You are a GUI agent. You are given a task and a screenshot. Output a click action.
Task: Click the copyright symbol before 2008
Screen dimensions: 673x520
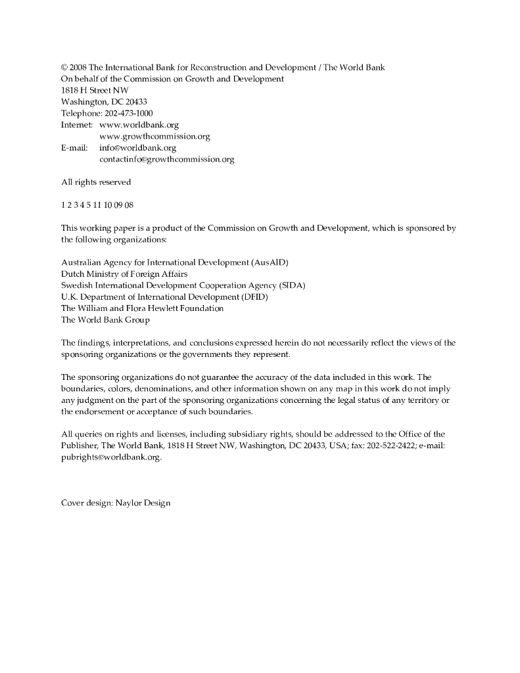pyautogui.click(x=64, y=67)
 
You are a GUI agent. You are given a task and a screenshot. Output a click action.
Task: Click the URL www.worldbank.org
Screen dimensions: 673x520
pyautogui.click(x=139, y=124)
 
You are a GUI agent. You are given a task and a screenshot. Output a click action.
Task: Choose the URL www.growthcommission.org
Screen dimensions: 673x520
pyautogui.click(x=154, y=136)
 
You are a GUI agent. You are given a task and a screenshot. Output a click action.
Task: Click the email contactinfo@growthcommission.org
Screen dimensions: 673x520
pyautogui.click(x=166, y=159)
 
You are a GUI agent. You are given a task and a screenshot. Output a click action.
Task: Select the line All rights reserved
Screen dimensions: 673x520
pyautogui.click(x=96, y=182)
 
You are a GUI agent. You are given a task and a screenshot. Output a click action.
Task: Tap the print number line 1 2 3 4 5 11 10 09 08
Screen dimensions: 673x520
pyautogui.click(x=97, y=205)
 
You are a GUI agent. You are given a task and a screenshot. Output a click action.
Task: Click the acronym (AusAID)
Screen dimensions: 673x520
pyautogui.click(x=270, y=262)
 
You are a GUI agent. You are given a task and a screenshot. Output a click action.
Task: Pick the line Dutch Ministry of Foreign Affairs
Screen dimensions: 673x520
pyautogui.click(x=124, y=273)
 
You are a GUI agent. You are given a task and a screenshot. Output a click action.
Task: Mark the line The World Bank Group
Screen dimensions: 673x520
pyautogui.click(x=105, y=320)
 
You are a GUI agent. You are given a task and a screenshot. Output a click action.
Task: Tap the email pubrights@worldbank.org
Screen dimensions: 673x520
pyautogui.click(x=110, y=457)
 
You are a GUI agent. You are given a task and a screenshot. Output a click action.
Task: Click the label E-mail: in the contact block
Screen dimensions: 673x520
pyautogui.click(x=74, y=148)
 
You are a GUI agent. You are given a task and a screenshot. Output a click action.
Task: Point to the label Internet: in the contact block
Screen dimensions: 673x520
pyautogui.click(x=77, y=124)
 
